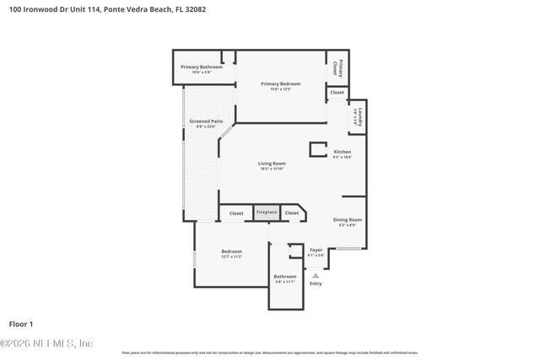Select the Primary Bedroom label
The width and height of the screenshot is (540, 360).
click(x=280, y=83)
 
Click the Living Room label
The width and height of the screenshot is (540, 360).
click(x=272, y=163)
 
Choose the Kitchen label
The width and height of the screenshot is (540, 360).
click(x=342, y=152)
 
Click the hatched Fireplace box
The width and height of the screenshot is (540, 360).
click(x=267, y=213)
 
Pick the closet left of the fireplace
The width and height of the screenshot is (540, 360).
click(x=236, y=213)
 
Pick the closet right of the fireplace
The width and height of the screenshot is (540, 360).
click(x=292, y=213)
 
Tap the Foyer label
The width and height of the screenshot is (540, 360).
click(x=316, y=250)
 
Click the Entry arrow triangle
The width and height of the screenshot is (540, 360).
click(x=316, y=274)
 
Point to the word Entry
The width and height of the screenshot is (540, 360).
click(x=316, y=283)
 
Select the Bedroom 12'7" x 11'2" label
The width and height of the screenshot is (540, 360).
click(x=231, y=251)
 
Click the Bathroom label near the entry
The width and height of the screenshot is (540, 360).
click(x=285, y=277)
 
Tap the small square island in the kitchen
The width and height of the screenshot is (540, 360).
click(x=318, y=150)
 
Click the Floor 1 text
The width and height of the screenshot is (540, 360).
click(x=21, y=324)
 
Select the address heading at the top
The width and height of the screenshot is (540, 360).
click(x=102, y=9)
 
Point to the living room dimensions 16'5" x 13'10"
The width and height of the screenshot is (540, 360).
click(x=272, y=169)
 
